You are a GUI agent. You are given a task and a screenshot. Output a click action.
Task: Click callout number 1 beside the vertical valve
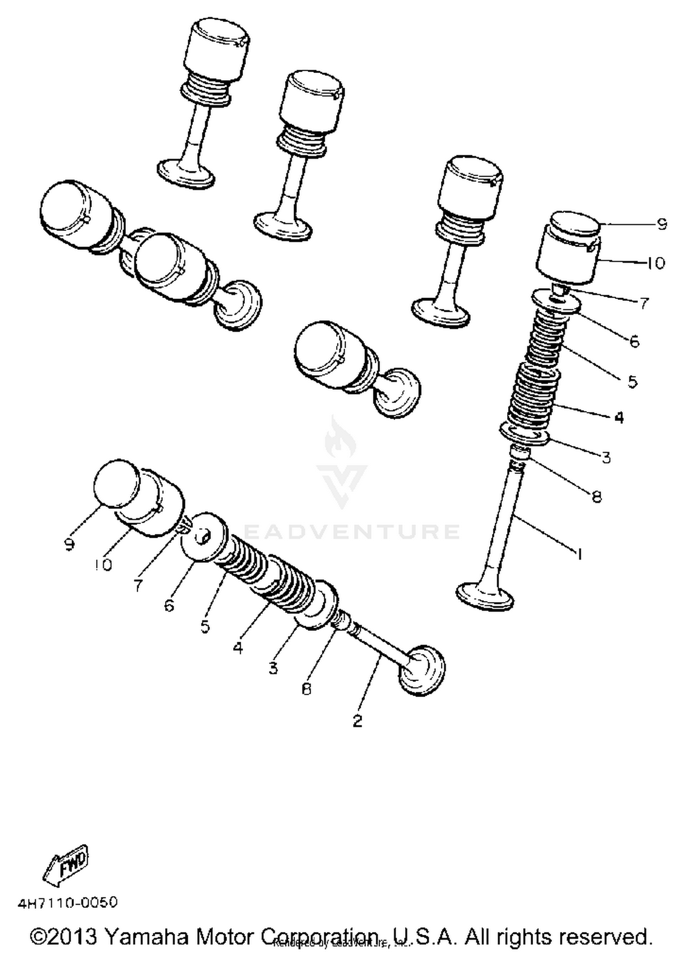point(579,554)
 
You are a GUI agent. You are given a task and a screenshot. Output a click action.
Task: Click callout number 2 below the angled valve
point(357,721)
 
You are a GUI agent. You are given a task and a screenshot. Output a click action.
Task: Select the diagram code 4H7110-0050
point(67,902)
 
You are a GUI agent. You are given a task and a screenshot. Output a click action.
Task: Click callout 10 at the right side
point(656,263)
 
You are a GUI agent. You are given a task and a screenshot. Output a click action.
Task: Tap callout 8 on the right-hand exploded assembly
point(596,496)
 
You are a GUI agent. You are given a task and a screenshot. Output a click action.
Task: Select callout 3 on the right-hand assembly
point(606,457)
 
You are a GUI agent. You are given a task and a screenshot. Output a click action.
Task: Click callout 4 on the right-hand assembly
point(618,417)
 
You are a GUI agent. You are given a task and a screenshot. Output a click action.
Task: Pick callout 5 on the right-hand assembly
point(632,381)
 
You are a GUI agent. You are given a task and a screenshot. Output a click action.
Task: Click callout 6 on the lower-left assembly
point(169,605)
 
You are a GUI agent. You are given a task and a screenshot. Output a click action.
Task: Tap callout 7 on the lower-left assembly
point(139,586)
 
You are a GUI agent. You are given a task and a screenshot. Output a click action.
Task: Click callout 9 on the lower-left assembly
point(69,544)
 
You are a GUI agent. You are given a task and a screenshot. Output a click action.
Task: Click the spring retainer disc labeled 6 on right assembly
point(557,303)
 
